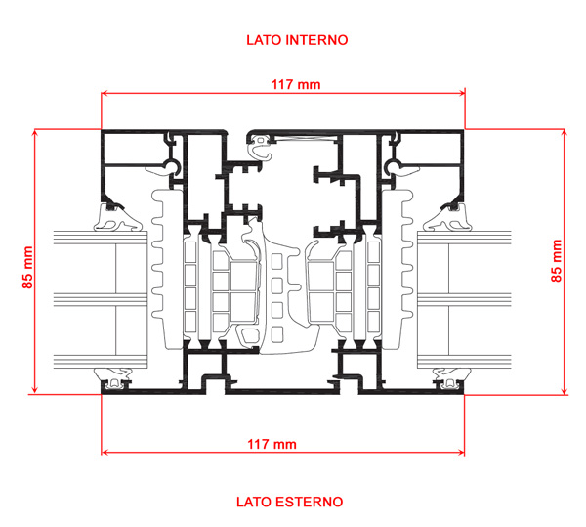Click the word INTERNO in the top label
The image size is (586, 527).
(x=316, y=40)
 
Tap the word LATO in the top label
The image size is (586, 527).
(x=261, y=40)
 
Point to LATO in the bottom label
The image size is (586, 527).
(x=253, y=502)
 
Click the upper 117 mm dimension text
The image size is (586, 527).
(x=295, y=85)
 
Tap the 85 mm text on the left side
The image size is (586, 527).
(x=28, y=267)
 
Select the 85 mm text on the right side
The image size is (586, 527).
(x=557, y=261)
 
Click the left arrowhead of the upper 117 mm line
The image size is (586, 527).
(x=105, y=95)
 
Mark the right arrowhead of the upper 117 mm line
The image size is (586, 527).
(x=461, y=95)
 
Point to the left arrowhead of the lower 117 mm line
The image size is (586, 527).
(x=105, y=453)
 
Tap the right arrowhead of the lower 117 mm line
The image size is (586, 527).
(x=461, y=453)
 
